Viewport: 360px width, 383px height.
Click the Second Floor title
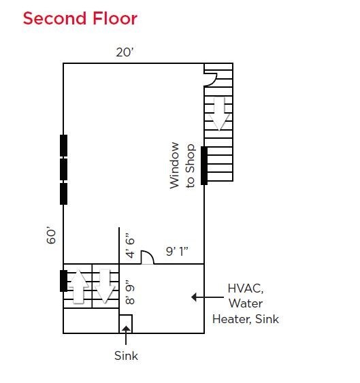[x=80, y=18]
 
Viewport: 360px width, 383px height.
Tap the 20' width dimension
[x=125, y=52]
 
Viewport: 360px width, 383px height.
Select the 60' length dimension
[x=51, y=236]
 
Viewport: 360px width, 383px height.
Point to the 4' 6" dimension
[x=130, y=246]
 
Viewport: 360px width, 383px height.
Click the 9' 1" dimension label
[x=177, y=251]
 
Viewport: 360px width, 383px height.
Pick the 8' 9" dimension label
[x=130, y=295]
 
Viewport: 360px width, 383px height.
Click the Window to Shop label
[x=182, y=165]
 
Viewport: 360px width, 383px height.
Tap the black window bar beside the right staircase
[x=204, y=165]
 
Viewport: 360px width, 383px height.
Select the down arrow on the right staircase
[x=219, y=114]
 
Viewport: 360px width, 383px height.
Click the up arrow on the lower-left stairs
[x=78, y=286]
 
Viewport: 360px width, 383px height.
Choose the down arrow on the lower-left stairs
[x=105, y=286]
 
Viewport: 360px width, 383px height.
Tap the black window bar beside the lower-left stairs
[x=63, y=281]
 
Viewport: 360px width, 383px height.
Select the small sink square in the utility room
[x=126, y=324]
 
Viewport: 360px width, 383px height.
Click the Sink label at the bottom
[x=126, y=356]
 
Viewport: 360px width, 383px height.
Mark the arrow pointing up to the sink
[x=126, y=335]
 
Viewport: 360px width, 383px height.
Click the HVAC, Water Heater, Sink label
[x=246, y=303]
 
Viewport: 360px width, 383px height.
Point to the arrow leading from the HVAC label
[x=208, y=297]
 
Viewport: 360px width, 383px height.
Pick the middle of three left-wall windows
[x=63, y=169]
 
